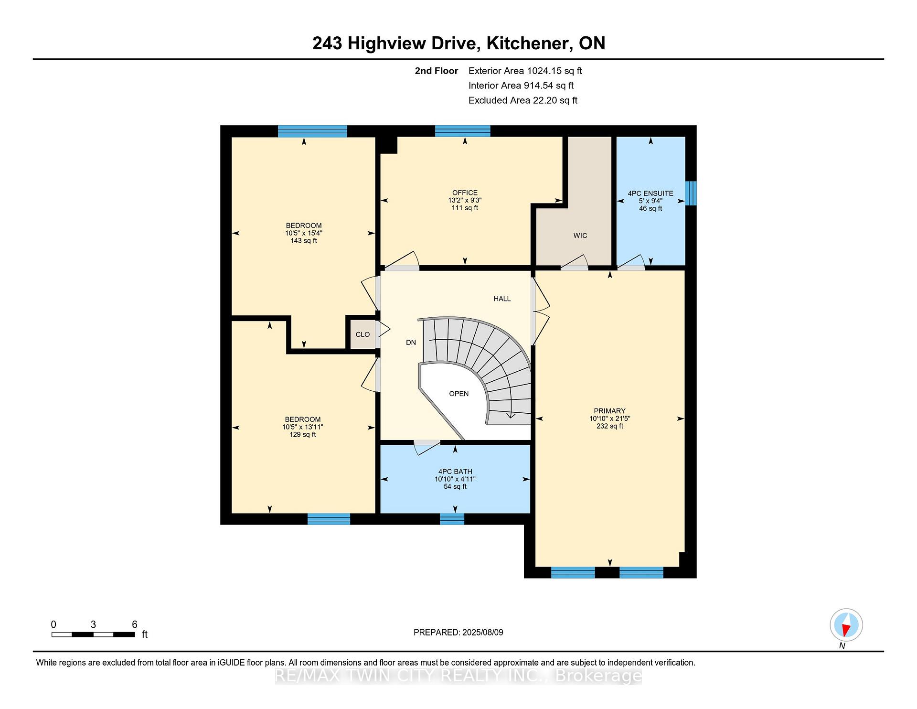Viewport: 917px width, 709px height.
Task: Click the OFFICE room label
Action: coord(465,193)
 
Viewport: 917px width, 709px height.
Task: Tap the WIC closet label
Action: coord(580,236)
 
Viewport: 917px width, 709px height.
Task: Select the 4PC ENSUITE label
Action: coord(650,193)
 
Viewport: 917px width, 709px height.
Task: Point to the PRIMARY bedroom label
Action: coord(609,411)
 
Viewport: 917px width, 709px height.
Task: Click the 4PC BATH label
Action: coord(455,472)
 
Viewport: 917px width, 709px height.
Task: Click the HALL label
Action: coord(502,299)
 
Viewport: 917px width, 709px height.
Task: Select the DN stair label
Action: coord(411,343)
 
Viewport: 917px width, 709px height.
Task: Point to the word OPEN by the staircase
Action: coord(459,394)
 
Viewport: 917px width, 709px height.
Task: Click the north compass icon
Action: coord(846,625)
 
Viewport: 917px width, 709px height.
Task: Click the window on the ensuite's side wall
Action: coord(691,193)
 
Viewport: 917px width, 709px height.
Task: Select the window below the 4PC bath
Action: coord(452,519)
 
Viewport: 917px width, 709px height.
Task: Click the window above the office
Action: coord(462,131)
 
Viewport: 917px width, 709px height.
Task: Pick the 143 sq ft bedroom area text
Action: coord(304,241)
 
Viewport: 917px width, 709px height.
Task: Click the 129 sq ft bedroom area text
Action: coord(303,435)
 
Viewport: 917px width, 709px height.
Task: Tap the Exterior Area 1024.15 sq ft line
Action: coord(525,71)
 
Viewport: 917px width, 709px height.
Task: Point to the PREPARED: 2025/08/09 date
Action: coord(458,633)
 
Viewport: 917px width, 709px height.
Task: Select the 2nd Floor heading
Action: coord(437,71)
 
